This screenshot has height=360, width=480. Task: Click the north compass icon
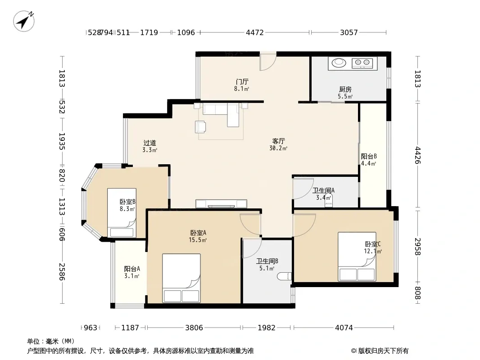23,21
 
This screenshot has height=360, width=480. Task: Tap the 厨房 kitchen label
345,89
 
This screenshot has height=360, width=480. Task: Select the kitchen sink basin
339,63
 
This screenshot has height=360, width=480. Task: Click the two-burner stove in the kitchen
362,63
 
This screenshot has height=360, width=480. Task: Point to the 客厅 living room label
278,141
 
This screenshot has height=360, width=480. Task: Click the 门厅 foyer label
242,81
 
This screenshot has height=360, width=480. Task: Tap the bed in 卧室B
122,212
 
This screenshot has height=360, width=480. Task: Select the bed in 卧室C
357,256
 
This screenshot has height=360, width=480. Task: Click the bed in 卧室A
181,278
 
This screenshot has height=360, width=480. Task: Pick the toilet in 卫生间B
284,276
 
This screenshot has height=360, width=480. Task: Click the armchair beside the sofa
200,127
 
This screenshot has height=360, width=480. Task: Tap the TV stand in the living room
221,204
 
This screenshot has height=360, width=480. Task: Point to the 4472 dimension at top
255,32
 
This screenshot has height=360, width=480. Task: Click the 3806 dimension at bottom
194,328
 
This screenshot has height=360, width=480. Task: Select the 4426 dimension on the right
417,155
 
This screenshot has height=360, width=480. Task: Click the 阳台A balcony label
132,269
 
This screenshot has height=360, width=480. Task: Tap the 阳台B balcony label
369,156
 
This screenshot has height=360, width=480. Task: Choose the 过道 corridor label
149,143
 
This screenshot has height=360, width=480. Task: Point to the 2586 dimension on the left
62,272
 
